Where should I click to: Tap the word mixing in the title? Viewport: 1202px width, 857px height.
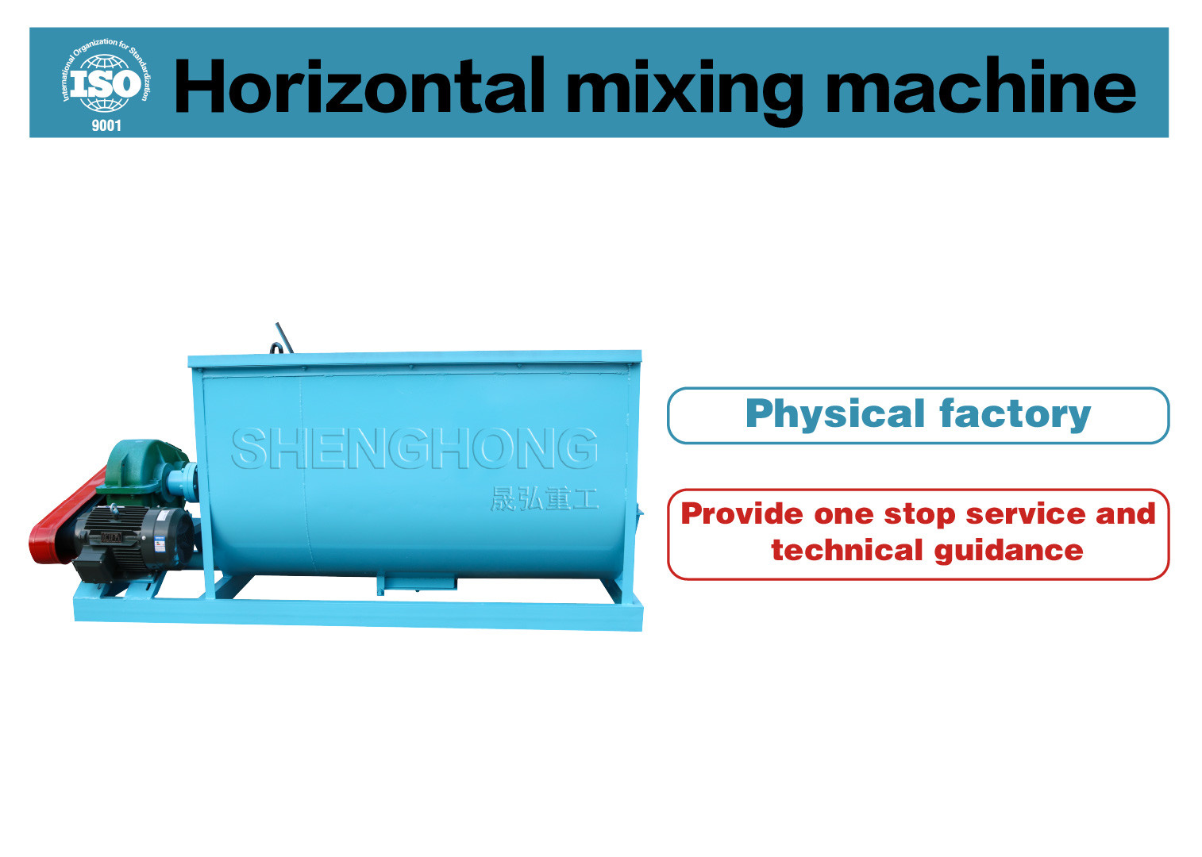tap(684, 88)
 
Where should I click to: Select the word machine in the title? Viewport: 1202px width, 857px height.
tap(980, 86)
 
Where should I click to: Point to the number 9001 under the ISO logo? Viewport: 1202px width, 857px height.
tap(106, 125)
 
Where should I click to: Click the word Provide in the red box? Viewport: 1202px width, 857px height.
tap(742, 514)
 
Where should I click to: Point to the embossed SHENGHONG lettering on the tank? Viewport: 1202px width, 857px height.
tap(414, 448)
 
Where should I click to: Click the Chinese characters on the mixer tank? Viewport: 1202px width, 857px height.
tap(543, 499)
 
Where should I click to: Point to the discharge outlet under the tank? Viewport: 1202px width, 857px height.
tap(416, 584)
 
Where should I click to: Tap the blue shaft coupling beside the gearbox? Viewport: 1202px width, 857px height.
tap(182, 480)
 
